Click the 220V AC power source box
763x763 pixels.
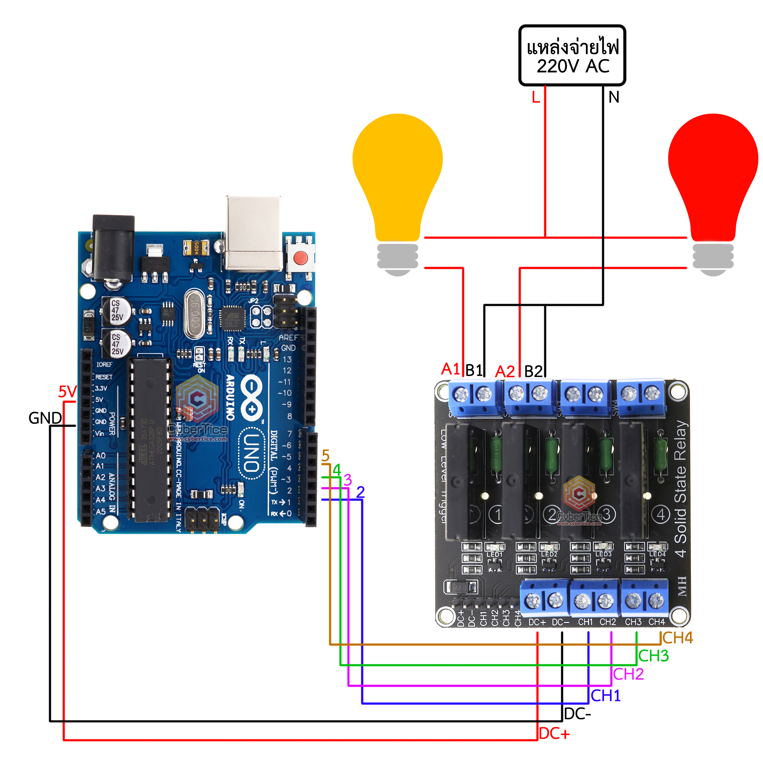click(572, 55)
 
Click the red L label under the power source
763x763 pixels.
click(536, 97)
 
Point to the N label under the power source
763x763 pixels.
click(613, 97)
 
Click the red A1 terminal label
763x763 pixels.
click(450, 369)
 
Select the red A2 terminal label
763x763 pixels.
click(505, 371)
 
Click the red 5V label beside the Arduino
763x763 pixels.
click(67, 392)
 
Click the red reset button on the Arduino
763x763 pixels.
click(301, 258)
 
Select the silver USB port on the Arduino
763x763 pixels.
click(254, 233)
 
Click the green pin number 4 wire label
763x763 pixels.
click(336, 470)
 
